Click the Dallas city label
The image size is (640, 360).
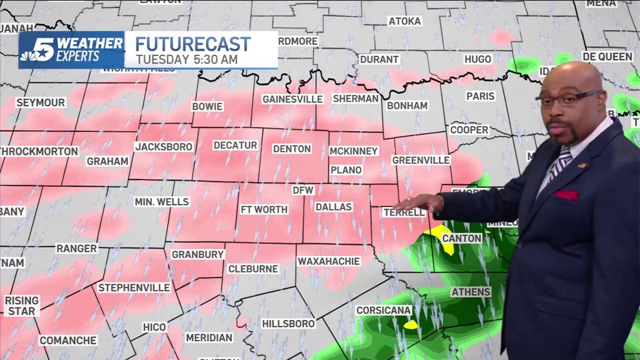click(333, 207)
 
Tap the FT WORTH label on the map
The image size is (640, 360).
click(264, 210)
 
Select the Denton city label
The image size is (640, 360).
click(292, 149)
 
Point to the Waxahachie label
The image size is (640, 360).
click(329, 261)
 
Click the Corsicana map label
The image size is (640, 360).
click(384, 310)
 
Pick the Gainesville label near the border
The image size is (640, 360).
click(293, 99)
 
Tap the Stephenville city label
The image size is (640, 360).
click(134, 288)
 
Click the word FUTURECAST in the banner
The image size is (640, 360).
click(193, 44)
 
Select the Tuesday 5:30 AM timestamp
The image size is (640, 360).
click(187, 59)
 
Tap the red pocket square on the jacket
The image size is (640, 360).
click(566, 195)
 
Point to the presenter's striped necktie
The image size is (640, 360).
click(561, 163)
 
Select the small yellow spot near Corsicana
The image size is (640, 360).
click(411, 324)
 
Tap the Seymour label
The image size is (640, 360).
click(41, 102)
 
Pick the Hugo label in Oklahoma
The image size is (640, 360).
click(477, 59)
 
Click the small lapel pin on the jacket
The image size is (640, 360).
click(582, 166)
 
